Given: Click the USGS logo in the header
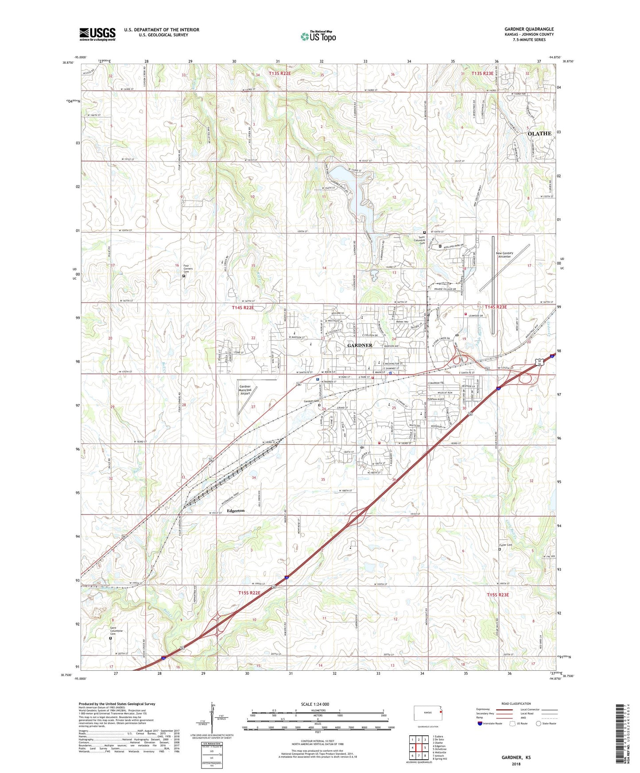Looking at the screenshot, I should (x=97, y=34).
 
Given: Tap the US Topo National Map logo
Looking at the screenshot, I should (x=318, y=36).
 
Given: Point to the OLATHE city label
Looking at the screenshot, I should (x=539, y=133).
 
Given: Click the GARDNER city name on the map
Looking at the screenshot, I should (x=360, y=345).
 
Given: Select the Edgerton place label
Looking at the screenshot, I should (x=236, y=510).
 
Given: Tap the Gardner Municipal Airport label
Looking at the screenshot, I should (x=245, y=390).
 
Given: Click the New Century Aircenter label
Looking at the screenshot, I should (x=504, y=255).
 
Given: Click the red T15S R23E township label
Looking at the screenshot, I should (x=498, y=595).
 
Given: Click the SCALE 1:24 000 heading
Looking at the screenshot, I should (x=315, y=704).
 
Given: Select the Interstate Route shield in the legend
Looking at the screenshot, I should (x=480, y=723).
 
